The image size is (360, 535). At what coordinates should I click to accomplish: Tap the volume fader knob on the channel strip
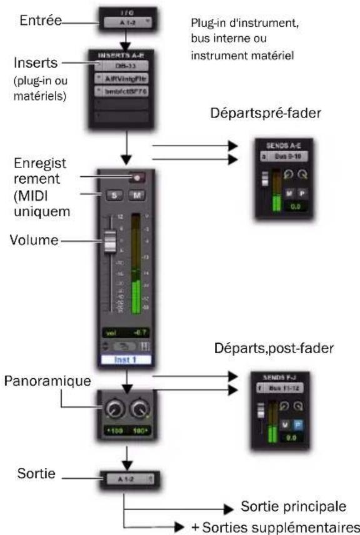pos(110,241)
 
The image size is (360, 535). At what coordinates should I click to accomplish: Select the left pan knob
pos(114,410)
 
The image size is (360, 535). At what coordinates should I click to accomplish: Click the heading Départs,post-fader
pos(278,348)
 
